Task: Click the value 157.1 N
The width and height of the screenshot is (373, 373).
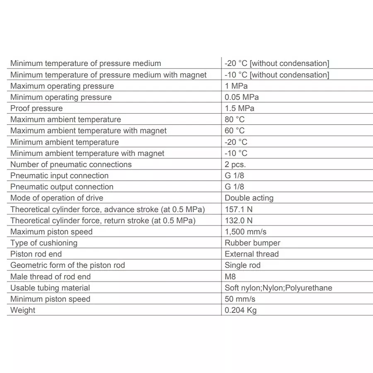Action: click(x=238, y=209)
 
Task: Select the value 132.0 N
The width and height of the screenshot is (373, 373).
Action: click(x=238, y=220)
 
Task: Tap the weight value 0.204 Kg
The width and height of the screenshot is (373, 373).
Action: click(x=240, y=310)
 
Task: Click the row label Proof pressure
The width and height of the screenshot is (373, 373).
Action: click(x=36, y=108)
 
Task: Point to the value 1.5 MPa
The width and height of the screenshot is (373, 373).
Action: click(x=239, y=108)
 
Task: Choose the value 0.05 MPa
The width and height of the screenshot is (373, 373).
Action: click(x=241, y=97)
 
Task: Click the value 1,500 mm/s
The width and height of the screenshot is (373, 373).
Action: click(x=246, y=232)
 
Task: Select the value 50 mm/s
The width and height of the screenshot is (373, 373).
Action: click(x=240, y=299)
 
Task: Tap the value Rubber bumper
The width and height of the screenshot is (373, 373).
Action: click(x=252, y=243)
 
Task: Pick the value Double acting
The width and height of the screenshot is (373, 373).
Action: click(x=249, y=198)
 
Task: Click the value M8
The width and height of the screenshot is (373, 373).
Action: click(x=230, y=276)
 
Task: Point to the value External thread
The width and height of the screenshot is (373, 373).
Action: click(x=252, y=254)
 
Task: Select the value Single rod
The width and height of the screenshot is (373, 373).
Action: click(x=242, y=265)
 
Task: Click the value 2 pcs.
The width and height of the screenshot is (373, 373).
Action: click(x=235, y=164)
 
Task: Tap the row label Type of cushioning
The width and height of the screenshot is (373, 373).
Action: click(x=44, y=243)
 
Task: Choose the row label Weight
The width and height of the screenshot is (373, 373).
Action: click(x=23, y=310)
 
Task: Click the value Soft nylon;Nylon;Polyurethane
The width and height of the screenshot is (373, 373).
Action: click(x=278, y=288)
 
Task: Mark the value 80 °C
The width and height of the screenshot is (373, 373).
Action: click(x=235, y=119)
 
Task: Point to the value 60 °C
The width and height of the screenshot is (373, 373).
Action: click(x=235, y=131)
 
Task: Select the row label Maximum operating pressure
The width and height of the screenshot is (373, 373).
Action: click(x=62, y=86)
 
